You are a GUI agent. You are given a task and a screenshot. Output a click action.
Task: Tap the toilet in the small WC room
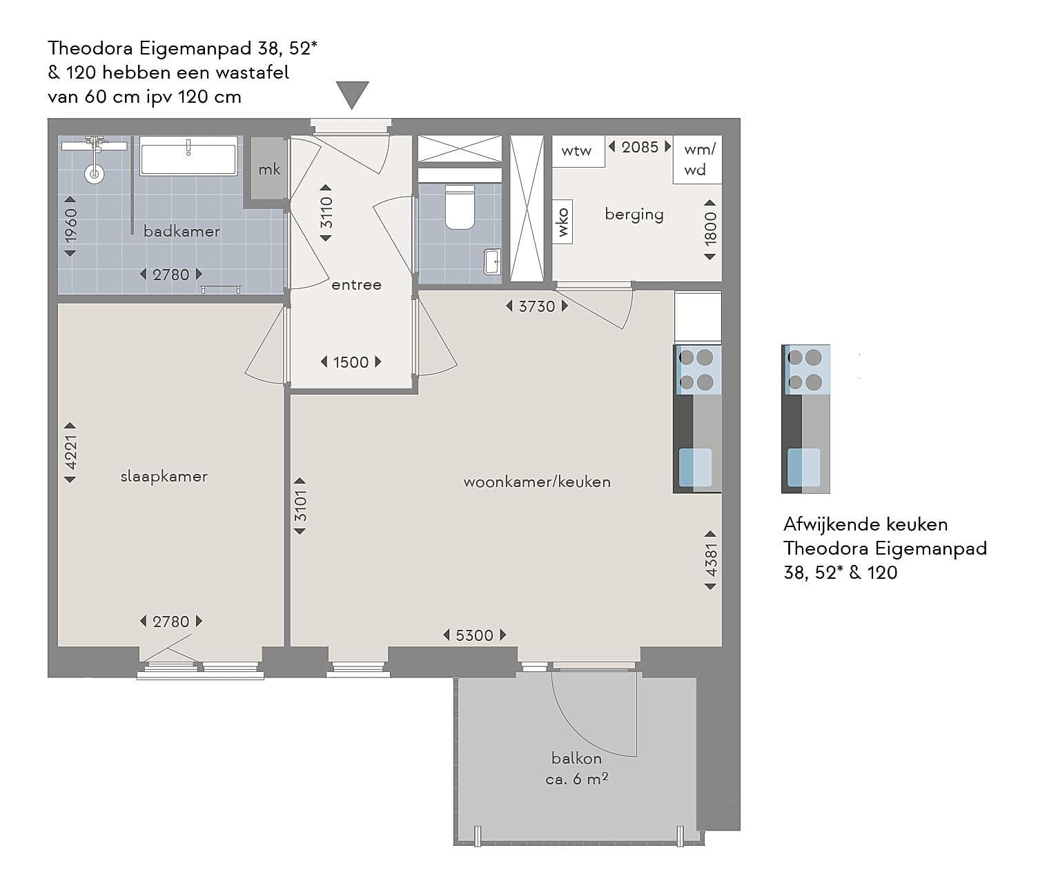(460, 207)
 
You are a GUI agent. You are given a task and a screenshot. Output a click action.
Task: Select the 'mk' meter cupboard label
(269, 170)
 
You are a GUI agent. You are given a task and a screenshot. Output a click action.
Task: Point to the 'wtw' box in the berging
(578, 150)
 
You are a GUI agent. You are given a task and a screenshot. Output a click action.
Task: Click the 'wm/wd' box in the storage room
(698, 159)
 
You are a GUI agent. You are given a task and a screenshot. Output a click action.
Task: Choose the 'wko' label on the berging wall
(562, 222)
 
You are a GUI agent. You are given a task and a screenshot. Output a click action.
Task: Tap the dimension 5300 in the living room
(474, 635)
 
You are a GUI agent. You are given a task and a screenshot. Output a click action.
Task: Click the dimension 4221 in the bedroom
(70, 453)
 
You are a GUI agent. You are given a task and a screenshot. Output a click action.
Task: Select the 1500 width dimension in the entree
(351, 362)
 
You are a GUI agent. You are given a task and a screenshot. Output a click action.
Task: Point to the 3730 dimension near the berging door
(537, 306)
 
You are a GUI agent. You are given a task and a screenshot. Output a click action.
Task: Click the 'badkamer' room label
(182, 231)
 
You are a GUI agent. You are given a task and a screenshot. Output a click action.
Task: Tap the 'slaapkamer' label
(164, 476)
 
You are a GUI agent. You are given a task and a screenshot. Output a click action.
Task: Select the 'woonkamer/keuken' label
(537, 482)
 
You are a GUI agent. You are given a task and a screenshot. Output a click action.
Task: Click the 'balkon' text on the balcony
(576, 758)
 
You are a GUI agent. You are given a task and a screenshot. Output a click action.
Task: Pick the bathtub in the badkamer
(188, 156)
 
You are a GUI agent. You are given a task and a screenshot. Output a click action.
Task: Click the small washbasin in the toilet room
(492, 261)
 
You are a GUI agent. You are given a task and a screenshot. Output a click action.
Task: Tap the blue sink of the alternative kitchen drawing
(803, 468)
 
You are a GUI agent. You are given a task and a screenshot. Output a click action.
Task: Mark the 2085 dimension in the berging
(640, 147)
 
